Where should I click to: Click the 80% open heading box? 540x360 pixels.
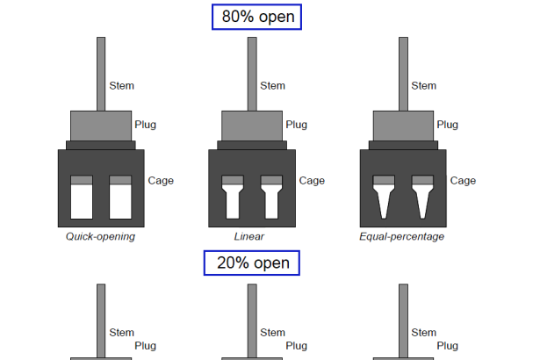click(x=256, y=17)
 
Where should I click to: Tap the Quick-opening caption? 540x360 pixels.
click(x=101, y=236)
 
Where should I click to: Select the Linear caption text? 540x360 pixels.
click(x=249, y=236)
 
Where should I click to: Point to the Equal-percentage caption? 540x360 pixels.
click(x=402, y=236)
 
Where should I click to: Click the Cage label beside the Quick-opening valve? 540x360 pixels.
click(x=161, y=181)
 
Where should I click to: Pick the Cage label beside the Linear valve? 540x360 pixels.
click(x=312, y=181)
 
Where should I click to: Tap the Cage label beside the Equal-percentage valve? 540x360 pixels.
click(x=463, y=181)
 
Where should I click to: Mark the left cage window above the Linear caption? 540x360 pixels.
click(x=233, y=199)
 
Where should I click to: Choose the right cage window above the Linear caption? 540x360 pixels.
click(x=270, y=199)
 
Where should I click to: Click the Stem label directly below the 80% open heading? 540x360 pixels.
click(x=272, y=86)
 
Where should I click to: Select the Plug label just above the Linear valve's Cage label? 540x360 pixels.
click(x=296, y=125)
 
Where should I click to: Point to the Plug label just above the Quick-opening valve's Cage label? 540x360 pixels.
click(x=145, y=125)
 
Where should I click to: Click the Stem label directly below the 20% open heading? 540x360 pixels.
click(x=272, y=333)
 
